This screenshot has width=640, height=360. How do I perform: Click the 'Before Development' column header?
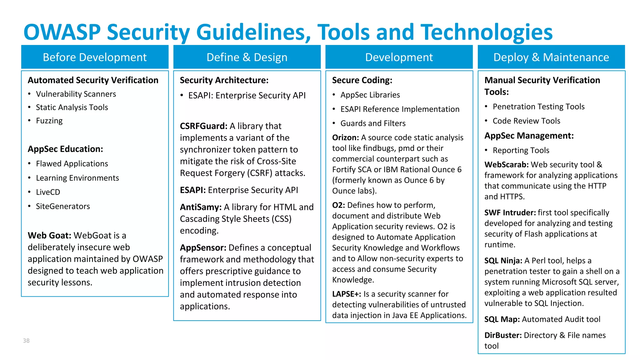point(95,57)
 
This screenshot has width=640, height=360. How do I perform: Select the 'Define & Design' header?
point(247,57)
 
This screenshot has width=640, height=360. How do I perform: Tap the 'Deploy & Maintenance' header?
point(551,57)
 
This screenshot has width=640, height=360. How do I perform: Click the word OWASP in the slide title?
point(62,32)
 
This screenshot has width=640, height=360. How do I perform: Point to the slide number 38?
point(26,341)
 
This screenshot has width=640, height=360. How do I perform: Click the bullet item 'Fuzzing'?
point(49,121)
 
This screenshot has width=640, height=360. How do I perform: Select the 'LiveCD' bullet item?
point(48,192)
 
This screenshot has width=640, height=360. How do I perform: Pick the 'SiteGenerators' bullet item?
point(63,206)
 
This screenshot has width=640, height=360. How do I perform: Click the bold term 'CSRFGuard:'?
point(203,126)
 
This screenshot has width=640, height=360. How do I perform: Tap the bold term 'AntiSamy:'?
point(201,207)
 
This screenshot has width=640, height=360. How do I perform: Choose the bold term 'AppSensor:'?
point(203,248)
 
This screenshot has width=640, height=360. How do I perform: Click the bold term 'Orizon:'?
point(345,138)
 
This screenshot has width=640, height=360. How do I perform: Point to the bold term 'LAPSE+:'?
point(346,294)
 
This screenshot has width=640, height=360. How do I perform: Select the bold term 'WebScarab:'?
point(506,165)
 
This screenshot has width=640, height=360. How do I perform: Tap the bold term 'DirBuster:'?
point(503,335)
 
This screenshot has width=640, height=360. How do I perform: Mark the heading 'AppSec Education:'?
point(65,149)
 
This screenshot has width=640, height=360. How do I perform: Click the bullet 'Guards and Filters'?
point(373,123)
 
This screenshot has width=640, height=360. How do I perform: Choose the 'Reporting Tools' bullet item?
point(521,151)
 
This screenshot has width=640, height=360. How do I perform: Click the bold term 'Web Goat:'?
point(49,236)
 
